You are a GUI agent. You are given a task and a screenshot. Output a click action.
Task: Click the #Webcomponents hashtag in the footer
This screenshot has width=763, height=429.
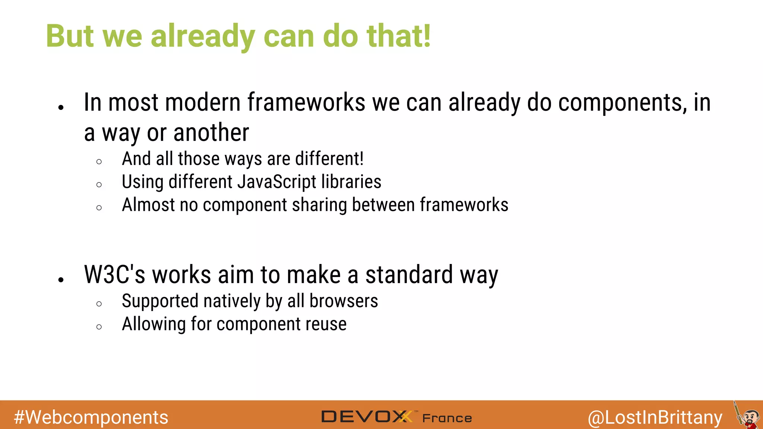91,417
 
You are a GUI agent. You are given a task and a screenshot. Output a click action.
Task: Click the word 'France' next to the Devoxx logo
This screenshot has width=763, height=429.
447,418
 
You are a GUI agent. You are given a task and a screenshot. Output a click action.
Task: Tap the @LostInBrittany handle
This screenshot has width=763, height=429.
655,417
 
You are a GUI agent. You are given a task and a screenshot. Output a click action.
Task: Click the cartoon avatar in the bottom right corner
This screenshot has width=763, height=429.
748,416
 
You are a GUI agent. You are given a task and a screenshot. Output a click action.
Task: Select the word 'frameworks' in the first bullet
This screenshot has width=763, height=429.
306,102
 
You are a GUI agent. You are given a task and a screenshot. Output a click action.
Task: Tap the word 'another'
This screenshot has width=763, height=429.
211,133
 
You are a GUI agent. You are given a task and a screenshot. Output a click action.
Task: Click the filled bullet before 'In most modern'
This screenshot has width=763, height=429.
61,108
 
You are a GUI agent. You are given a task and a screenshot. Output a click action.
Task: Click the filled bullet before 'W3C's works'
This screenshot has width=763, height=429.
61,280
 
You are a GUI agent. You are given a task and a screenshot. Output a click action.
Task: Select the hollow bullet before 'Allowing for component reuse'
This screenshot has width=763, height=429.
99,327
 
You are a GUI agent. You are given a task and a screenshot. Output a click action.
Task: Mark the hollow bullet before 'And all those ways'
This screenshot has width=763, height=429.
99,162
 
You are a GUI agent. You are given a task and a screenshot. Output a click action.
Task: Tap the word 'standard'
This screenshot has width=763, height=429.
409,275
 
